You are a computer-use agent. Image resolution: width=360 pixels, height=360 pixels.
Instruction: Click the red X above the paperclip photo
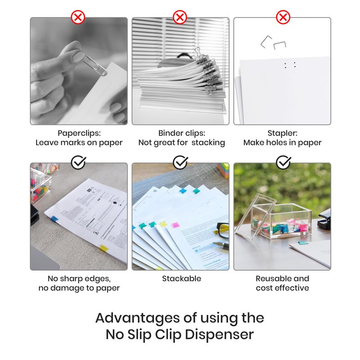pos(78,18)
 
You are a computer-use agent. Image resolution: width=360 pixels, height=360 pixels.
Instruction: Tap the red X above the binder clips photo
pos(180,18)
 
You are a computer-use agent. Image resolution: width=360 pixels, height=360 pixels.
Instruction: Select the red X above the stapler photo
pos(283,18)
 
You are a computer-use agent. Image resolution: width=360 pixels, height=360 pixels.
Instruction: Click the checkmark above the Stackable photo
pos(180,162)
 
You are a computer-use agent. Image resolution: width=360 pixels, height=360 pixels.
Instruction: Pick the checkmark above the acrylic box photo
pos(283,162)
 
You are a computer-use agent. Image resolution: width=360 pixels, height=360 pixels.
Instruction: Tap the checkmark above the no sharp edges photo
pos(78,162)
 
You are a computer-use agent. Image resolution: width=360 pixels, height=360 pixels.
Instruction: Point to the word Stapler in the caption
pos(282,133)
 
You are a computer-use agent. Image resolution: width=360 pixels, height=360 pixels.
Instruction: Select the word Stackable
pos(181,279)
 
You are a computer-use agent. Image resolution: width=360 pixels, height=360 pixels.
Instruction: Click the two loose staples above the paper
pos(273,43)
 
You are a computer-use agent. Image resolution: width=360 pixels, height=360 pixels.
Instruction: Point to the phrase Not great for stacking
pos(181,143)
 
